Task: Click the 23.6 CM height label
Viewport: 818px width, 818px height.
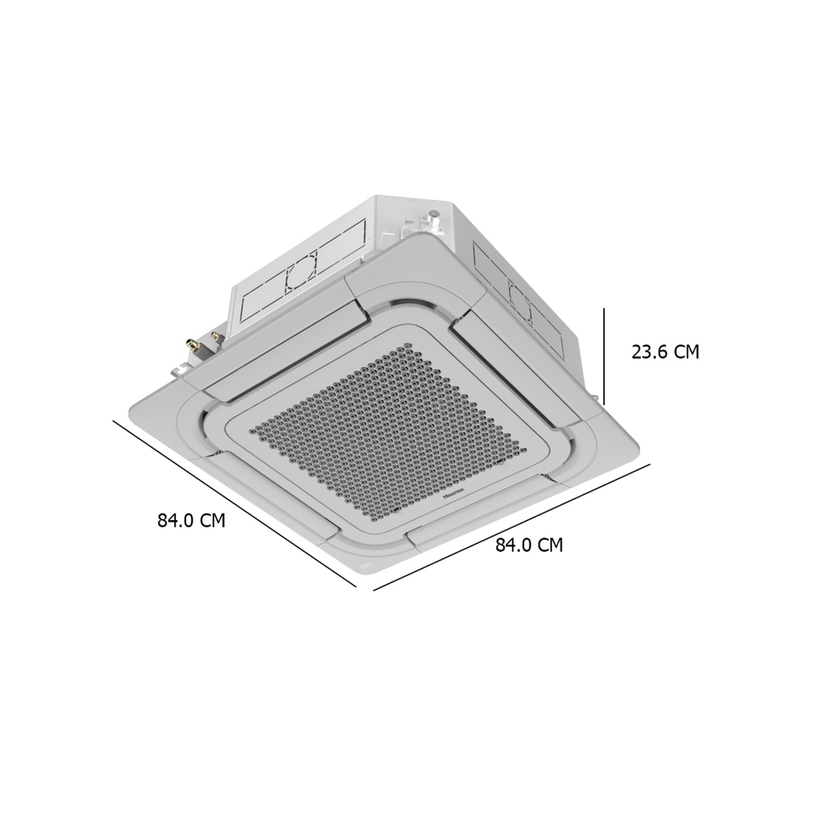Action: pos(665,352)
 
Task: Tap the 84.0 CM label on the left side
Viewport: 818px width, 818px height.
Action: pos(192,520)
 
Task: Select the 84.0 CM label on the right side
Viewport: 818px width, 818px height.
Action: pos(529,545)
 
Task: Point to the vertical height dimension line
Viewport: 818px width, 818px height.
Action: pos(604,356)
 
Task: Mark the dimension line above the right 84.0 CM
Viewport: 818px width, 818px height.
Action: pos(512,527)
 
